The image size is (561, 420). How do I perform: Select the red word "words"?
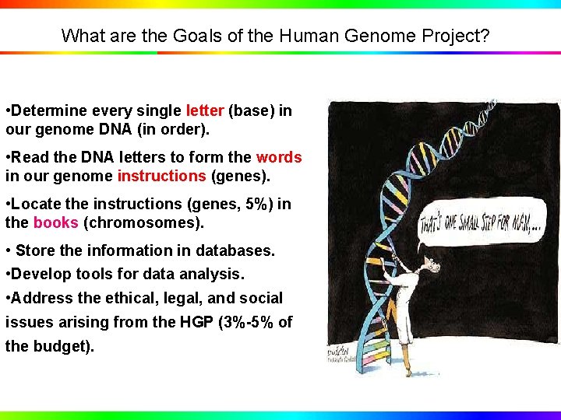point(278,157)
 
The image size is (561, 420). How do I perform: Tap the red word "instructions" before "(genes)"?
point(161,176)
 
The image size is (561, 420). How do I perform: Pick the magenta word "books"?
point(55,222)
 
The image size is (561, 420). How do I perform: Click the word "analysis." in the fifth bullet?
point(210,274)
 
